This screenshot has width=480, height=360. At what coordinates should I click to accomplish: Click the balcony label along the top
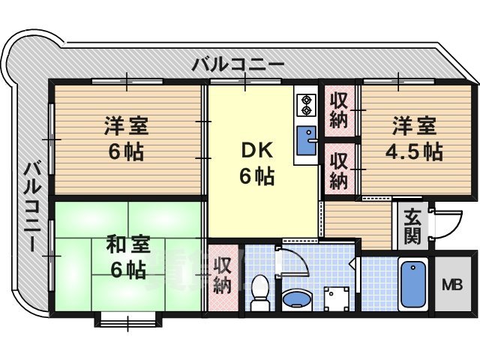click(x=237, y=64)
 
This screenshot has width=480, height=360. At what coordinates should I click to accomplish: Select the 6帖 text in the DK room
click(x=256, y=177)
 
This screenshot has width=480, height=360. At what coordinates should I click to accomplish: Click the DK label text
click(x=256, y=151)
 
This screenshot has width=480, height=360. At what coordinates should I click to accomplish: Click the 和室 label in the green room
click(x=127, y=244)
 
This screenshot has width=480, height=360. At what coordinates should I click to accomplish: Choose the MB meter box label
click(x=451, y=285)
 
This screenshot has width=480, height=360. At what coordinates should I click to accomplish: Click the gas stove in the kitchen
click(x=306, y=104)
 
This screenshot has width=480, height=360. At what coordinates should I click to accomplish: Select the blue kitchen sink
click(x=307, y=139)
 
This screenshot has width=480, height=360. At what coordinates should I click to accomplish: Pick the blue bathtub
click(x=413, y=283)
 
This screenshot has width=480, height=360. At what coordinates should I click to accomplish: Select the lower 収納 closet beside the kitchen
click(x=339, y=170)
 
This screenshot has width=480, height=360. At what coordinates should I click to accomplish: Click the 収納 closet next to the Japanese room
click(x=222, y=274)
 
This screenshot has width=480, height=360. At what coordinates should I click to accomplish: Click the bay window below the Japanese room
click(x=127, y=322)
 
